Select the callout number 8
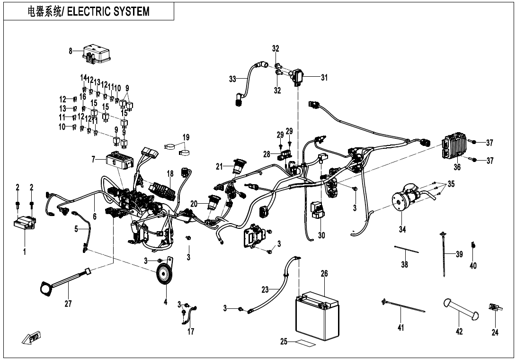[71, 51]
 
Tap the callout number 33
[232, 80]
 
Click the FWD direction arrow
[32, 338]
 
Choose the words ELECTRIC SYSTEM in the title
[108, 11]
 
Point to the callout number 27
[68, 304]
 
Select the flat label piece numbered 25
[305, 342]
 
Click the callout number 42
[459, 332]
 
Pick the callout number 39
[459, 254]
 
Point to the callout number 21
[219, 166]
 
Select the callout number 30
[322, 235]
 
